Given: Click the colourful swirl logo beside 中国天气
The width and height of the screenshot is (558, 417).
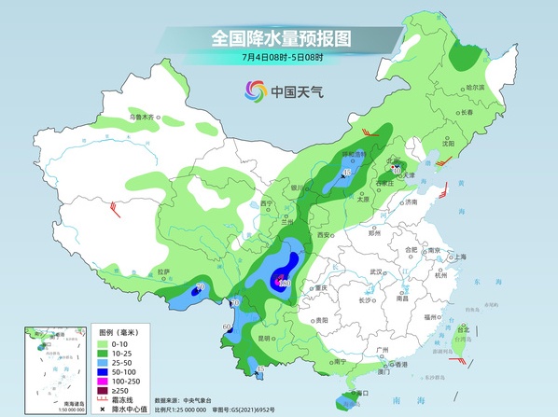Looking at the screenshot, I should click(x=255, y=90).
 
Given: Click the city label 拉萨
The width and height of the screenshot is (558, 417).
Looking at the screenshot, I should click(x=164, y=271).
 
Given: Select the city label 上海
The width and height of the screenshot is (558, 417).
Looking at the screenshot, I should click(x=459, y=257).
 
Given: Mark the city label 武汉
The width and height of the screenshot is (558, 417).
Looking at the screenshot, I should click(x=377, y=271).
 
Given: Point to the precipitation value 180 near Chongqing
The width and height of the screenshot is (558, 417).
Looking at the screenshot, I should click(x=285, y=283).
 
